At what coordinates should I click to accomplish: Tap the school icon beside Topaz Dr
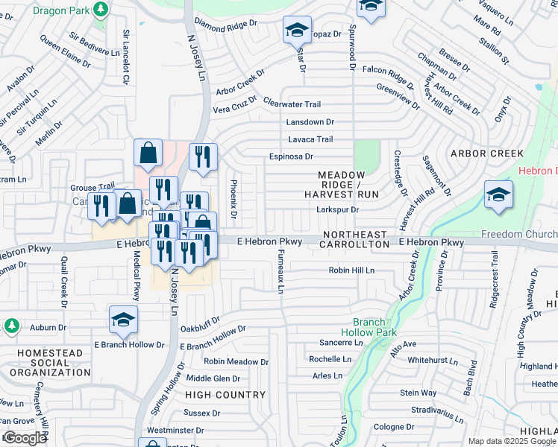click(296, 31)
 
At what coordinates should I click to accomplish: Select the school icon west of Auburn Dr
click(123, 320)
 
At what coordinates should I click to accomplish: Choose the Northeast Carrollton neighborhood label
click(356, 239)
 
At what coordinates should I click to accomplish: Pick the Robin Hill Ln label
click(351, 270)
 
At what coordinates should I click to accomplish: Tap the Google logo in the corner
click(25, 438)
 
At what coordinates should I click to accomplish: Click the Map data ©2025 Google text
click(512, 441)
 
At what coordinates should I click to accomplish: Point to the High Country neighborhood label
click(225, 394)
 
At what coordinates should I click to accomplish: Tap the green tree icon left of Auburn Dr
click(11, 326)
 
